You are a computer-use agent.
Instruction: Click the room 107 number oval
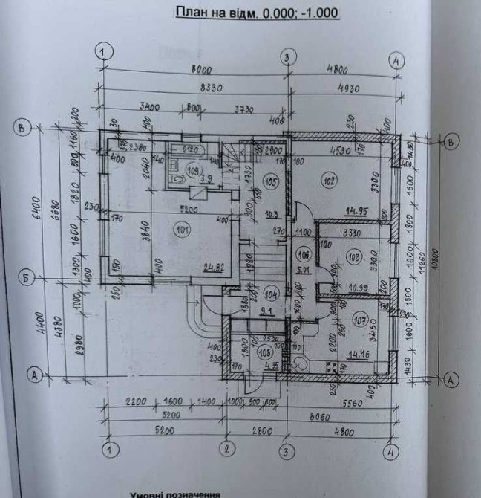361,321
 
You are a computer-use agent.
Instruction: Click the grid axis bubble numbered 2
227,450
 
